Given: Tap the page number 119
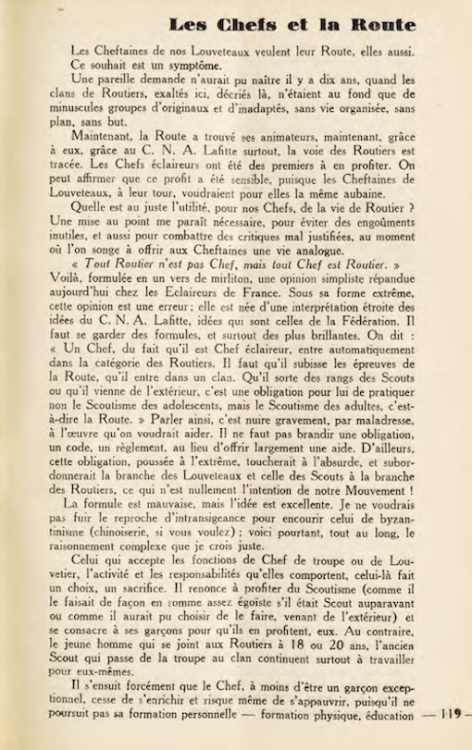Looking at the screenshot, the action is (453, 737).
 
